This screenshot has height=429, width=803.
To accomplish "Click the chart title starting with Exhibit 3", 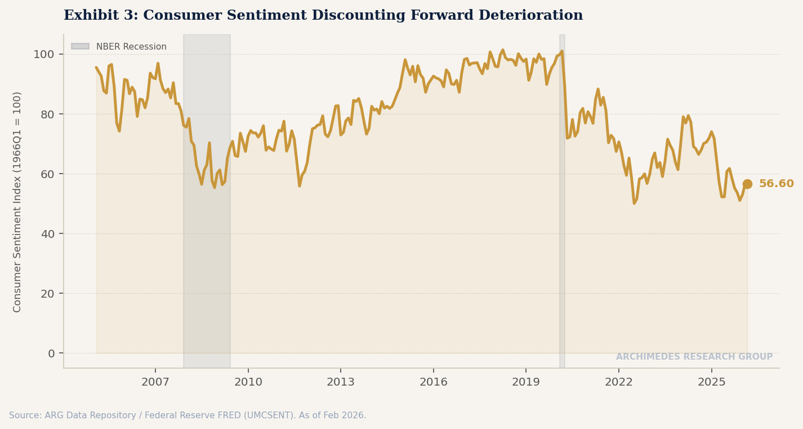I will click(x=323, y=16).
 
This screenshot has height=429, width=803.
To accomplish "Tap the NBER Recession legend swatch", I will click(x=80, y=47).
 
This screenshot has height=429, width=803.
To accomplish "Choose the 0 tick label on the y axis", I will click(x=51, y=353).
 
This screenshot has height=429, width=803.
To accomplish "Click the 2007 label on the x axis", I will click(x=155, y=382).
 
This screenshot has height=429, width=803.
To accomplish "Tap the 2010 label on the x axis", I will click(x=248, y=382).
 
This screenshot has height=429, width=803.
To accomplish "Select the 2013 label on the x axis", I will click(x=341, y=382).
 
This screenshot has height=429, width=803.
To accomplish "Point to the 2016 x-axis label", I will click(x=433, y=382).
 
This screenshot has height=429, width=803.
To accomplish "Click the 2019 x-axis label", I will click(x=526, y=382).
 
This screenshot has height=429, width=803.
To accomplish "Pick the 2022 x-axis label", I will click(x=619, y=382).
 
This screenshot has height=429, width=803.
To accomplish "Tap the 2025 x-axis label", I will click(x=711, y=382).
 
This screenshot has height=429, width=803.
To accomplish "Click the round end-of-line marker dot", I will click(x=747, y=184).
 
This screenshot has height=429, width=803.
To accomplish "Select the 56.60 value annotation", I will click(x=776, y=184).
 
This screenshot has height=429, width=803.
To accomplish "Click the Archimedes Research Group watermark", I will click(x=694, y=357).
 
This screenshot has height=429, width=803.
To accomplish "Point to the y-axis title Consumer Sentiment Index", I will click(x=17, y=201).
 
